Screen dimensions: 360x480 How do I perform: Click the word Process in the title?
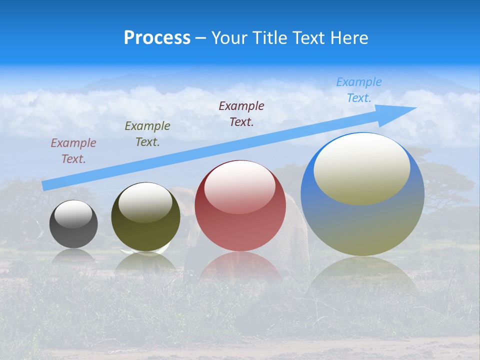(x=157, y=38)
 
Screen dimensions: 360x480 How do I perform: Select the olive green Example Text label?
(x=147, y=134)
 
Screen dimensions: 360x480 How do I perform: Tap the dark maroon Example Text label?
(x=241, y=114)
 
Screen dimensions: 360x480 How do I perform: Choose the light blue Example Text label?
(x=359, y=90)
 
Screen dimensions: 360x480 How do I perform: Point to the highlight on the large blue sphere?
(x=362, y=167)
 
